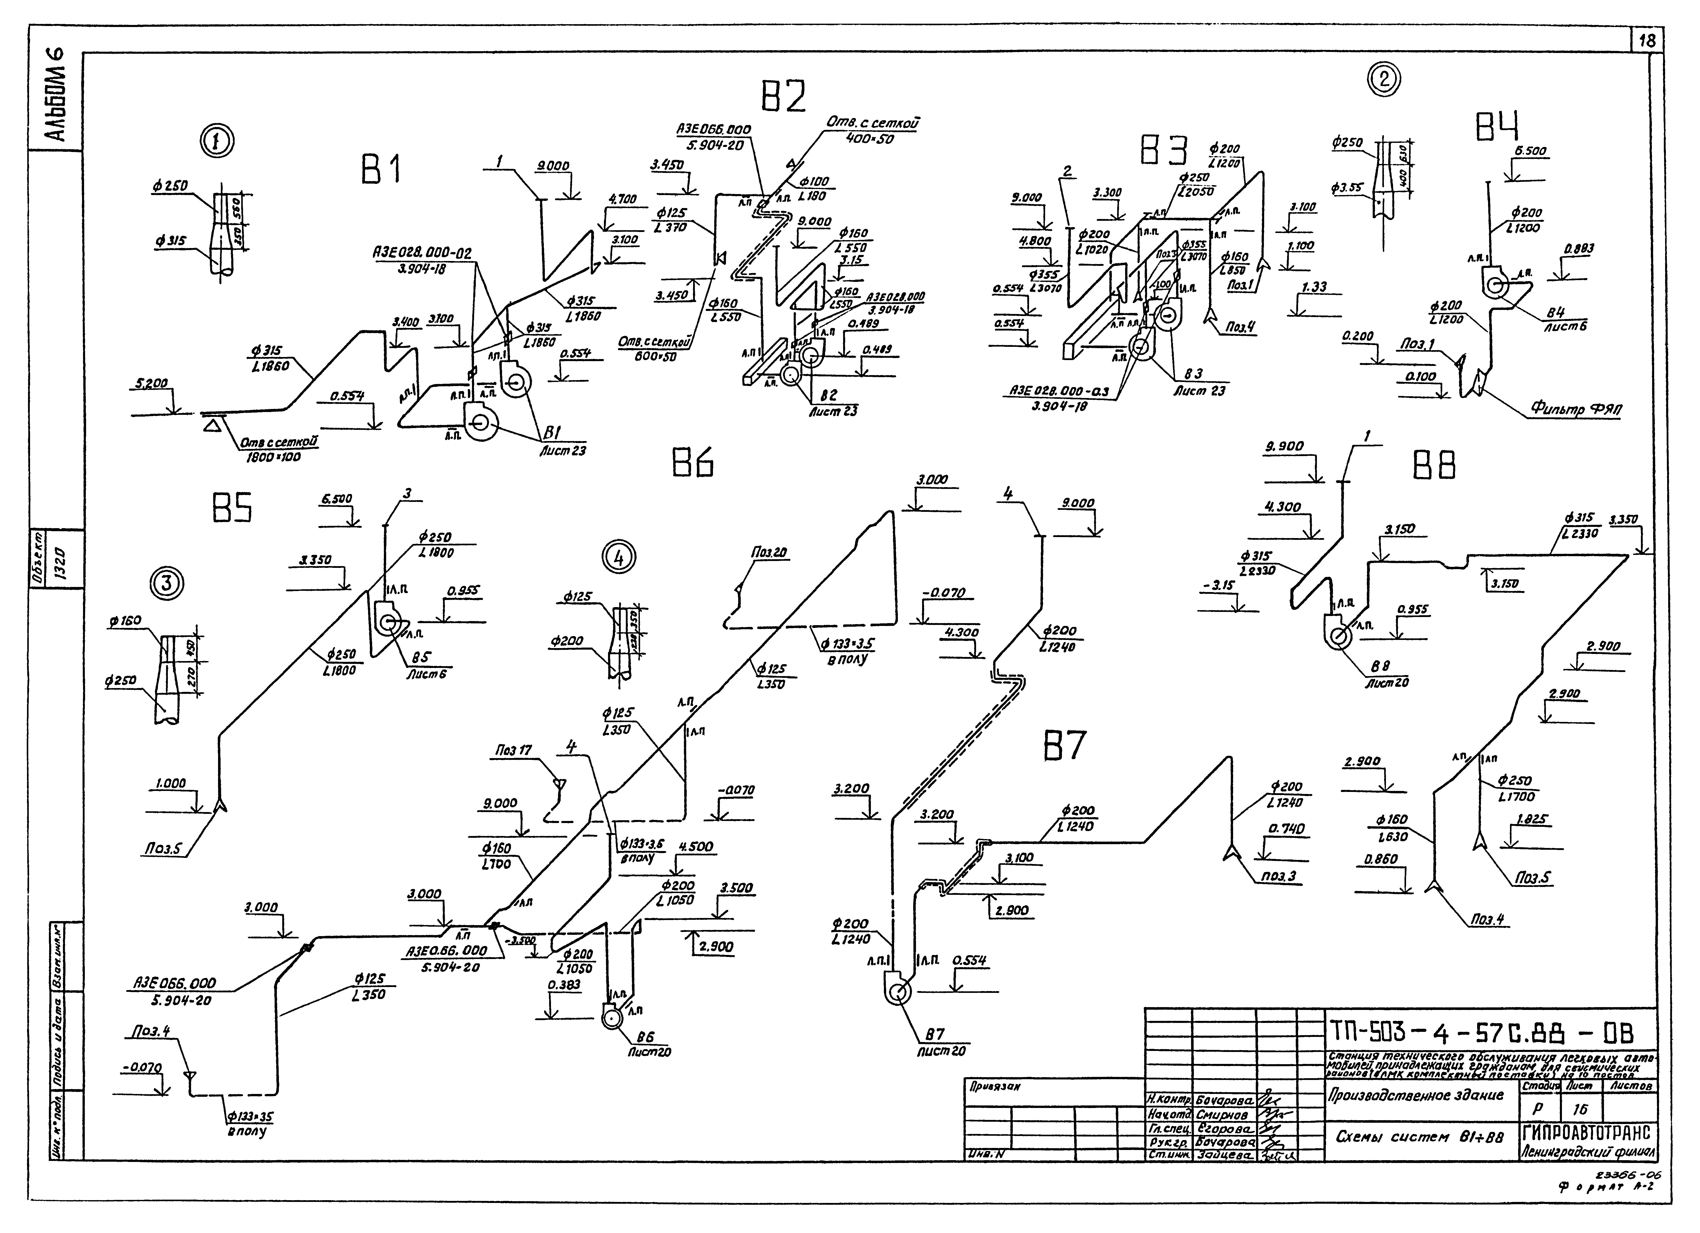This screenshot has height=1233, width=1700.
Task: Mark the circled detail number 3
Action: coord(168,582)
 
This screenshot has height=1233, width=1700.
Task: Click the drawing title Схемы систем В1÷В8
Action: coord(1420,1137)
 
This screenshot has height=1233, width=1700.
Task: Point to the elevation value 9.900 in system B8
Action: coord(1284,447)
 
